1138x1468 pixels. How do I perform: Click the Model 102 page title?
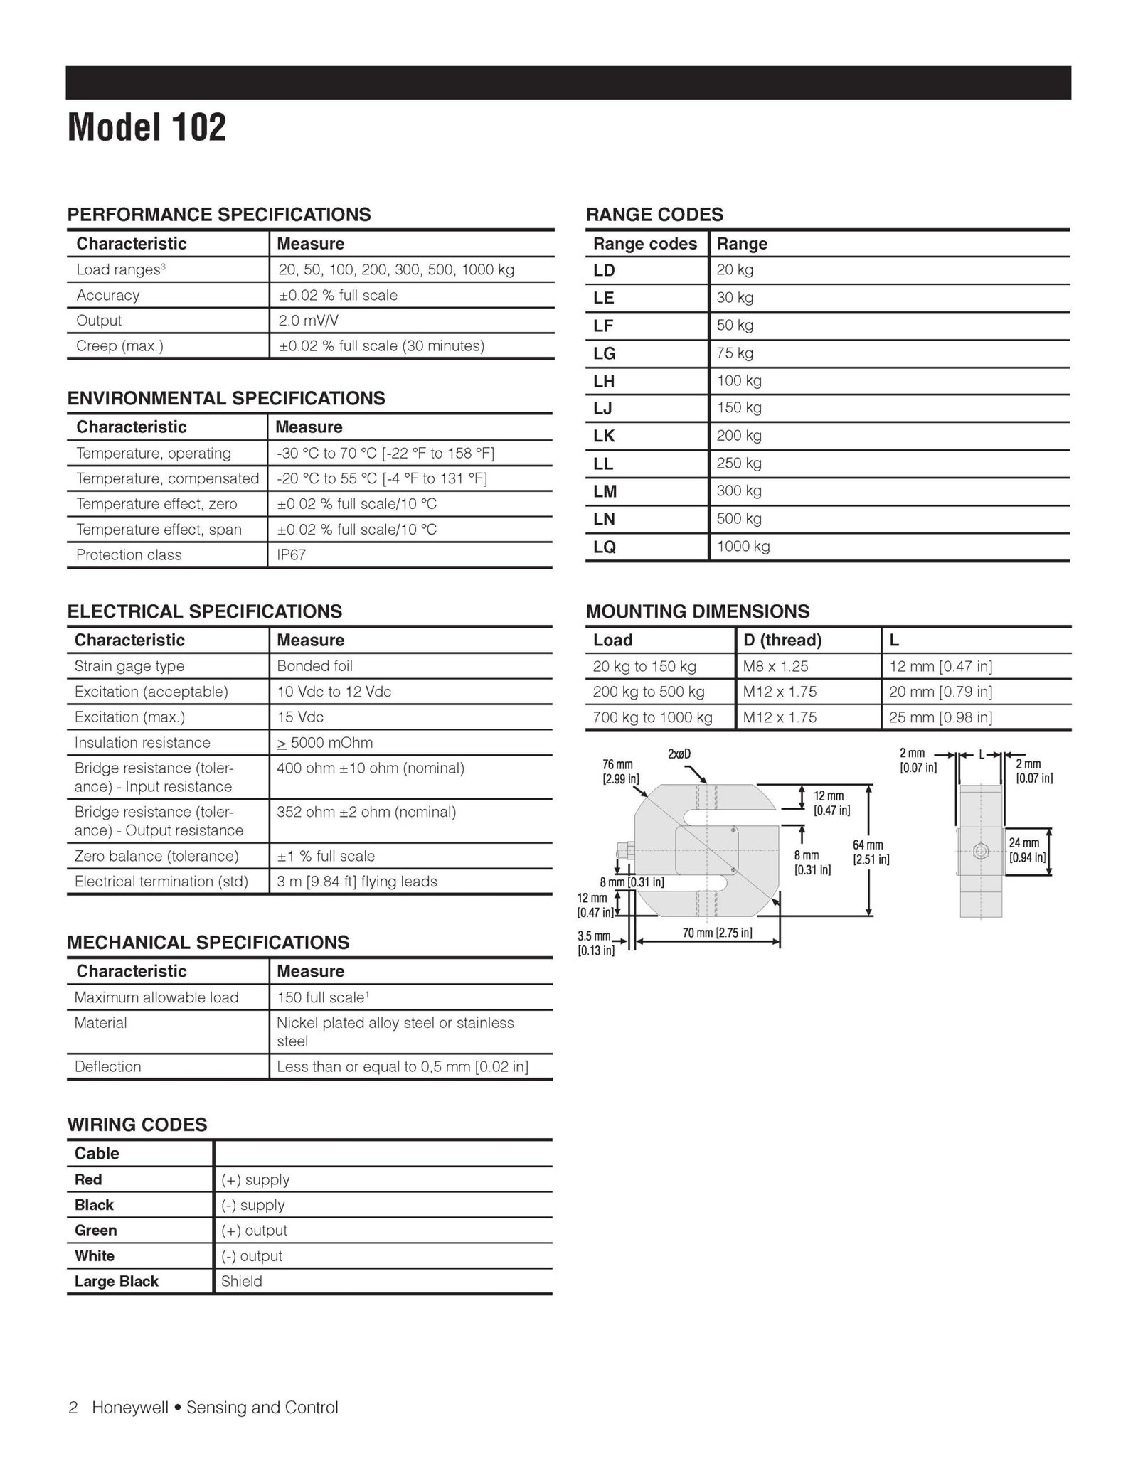147,127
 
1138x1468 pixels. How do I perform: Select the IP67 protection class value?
292,555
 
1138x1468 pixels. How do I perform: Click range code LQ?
605,547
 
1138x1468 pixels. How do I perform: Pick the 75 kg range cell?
735,353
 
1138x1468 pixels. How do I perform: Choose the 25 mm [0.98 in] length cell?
940,717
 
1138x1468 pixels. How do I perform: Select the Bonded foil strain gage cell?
314,666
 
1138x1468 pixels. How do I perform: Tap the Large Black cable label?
117,1281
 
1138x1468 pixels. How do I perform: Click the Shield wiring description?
242,1281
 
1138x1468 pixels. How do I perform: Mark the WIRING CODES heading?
137,1125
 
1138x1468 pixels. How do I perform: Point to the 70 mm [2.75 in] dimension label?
717,933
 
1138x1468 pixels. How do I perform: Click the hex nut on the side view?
980,850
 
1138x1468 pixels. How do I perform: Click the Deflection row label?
108,1066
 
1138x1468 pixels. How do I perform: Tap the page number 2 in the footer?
73,1408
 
